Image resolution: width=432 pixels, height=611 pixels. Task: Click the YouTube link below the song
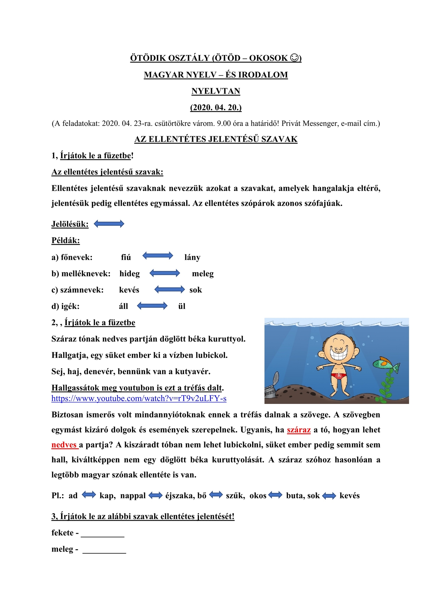click(x=139, y=398)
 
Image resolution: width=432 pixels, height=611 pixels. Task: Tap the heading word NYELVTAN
click(x=216, y=91)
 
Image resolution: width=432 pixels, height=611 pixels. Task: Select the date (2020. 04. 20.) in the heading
click(x=216, y=107)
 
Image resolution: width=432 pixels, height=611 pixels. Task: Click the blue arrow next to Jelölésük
click(x=109, y=224)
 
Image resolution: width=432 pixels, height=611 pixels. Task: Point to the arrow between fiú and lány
click(x=157, y=256)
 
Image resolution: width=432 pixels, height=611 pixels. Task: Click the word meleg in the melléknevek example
click(x=203, y=274)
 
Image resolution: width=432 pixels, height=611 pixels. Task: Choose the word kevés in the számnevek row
click(x=129, y=290)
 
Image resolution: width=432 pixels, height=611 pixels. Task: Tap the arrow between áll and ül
click(x=152, y=306)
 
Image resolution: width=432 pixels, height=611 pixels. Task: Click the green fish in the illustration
click(x=386, y=364)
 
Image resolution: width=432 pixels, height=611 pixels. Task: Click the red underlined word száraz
click(x=299, y=430)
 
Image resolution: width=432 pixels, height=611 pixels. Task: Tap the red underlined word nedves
click(x=64, y=445)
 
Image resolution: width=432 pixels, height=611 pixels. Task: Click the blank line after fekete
click(x=102, y=534)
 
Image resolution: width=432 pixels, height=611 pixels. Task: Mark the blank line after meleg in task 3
click(x=104, y=550)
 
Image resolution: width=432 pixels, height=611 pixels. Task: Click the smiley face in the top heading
click(x=295, y=58)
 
